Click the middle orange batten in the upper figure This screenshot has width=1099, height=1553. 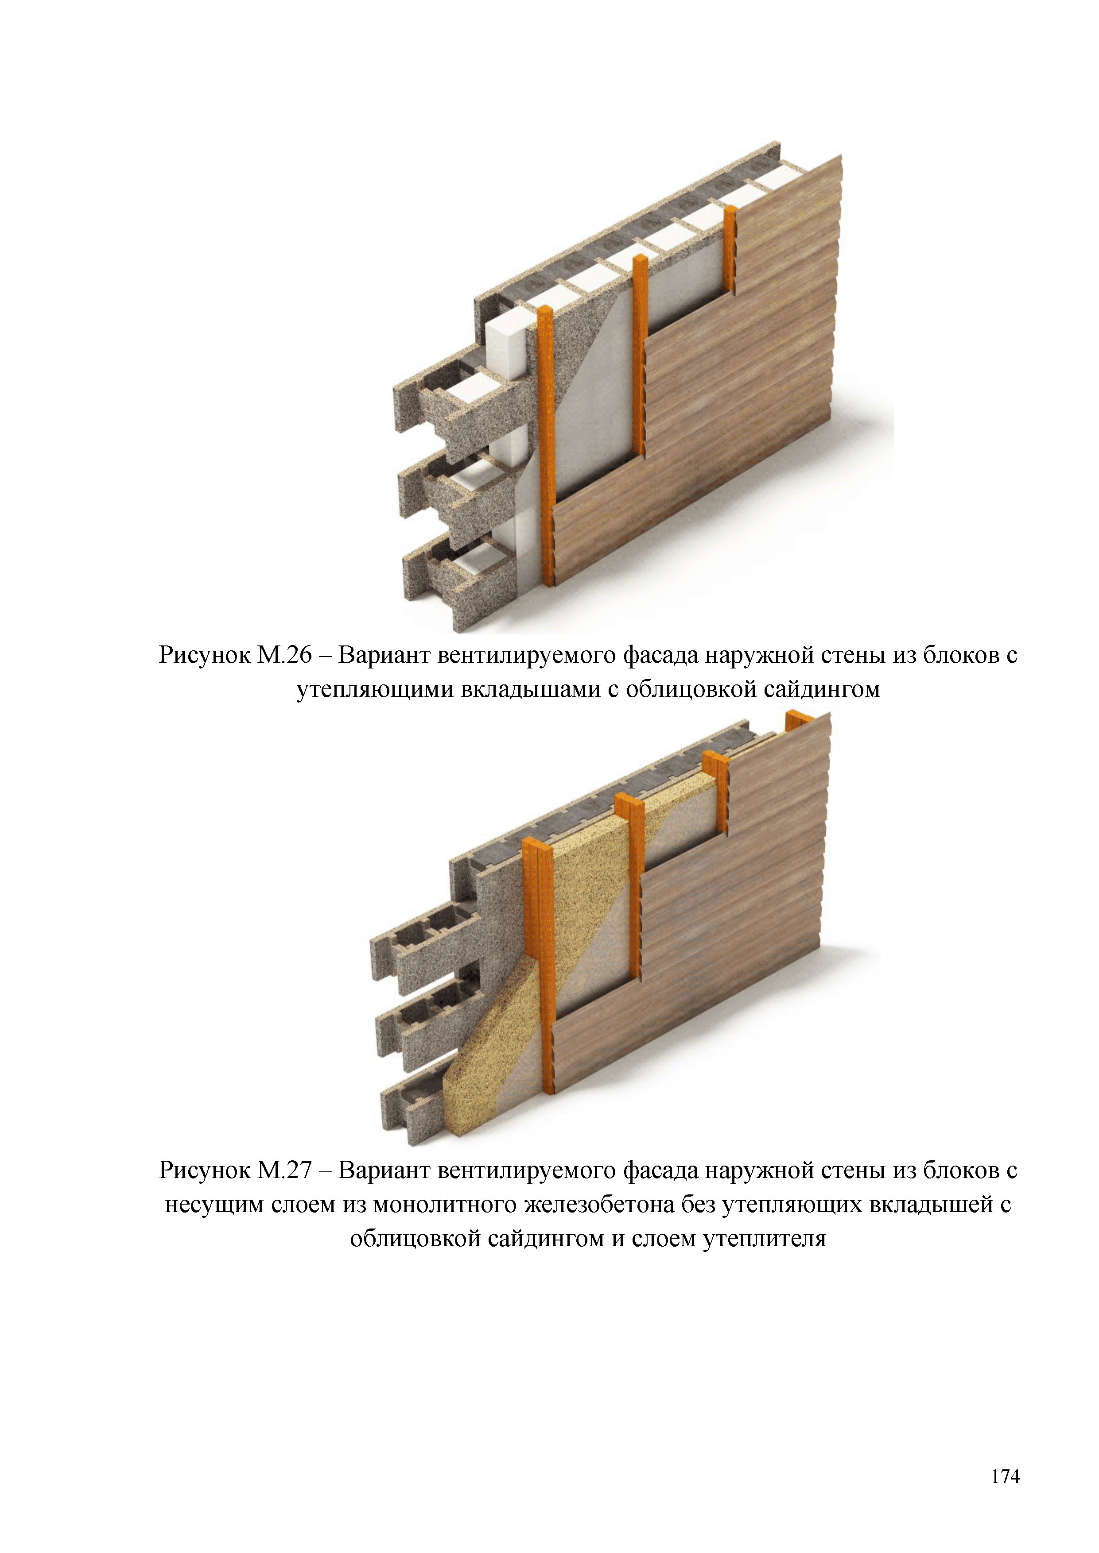click(640, 355)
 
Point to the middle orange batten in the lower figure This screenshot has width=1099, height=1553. click(629, 886)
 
